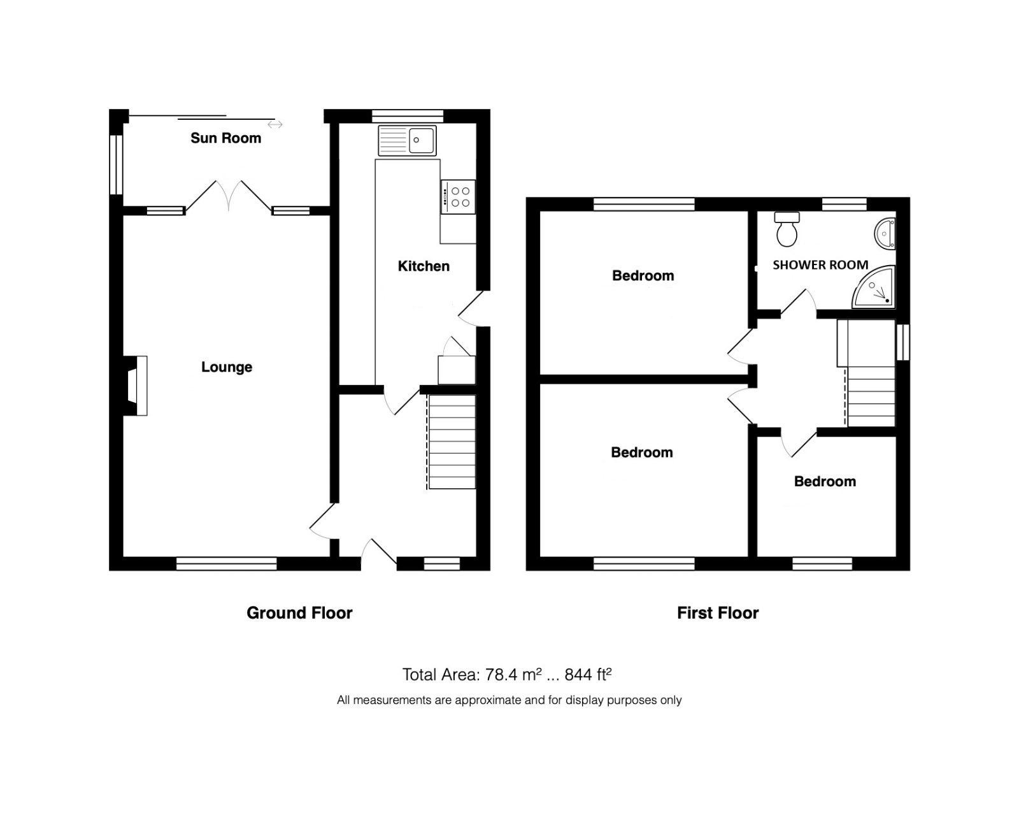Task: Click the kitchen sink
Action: click(408, 140)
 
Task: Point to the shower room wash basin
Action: click(886, 233)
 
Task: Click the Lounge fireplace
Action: click(136, 386)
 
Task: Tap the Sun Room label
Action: click(225, 138)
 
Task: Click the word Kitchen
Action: click(424, 266)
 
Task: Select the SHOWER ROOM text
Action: click(820, 265)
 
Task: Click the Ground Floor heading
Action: click(299, 613)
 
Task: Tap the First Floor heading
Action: click(718, 613)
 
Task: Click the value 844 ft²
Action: click(588, 674)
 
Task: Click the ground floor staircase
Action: click(452, 442)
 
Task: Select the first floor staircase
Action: click(871, 395)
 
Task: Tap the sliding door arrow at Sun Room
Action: click(275, 124)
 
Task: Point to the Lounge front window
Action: click(226, 563)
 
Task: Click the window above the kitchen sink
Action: click(408, 115)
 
